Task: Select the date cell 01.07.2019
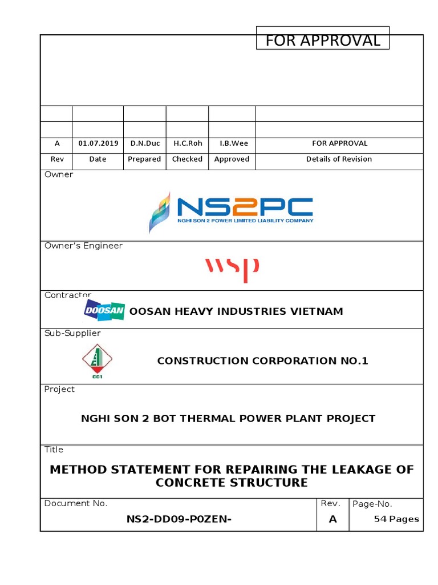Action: (x=98, y=143)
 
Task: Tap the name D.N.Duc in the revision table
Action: (x=145, y=143)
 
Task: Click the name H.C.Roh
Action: (x=188, y=143)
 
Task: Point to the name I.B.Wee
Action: (x=232, y=143)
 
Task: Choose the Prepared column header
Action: (x=144, y=159)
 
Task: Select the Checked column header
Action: (x=187, y=159)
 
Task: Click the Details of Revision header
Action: (x=339, y=159)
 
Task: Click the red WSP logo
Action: (x=232, y=268)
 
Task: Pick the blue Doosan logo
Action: (x=104, y=310)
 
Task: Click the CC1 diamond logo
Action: (x=97, y=360)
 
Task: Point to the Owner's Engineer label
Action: (x=83, y=246)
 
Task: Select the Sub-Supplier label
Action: (x=72, y=333)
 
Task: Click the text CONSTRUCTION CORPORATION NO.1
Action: (x=263, y=360)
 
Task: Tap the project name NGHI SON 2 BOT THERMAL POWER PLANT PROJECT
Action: (x=228, y=418)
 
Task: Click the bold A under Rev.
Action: (x=333, y=519)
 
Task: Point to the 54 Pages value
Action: (x=396, y=519)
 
